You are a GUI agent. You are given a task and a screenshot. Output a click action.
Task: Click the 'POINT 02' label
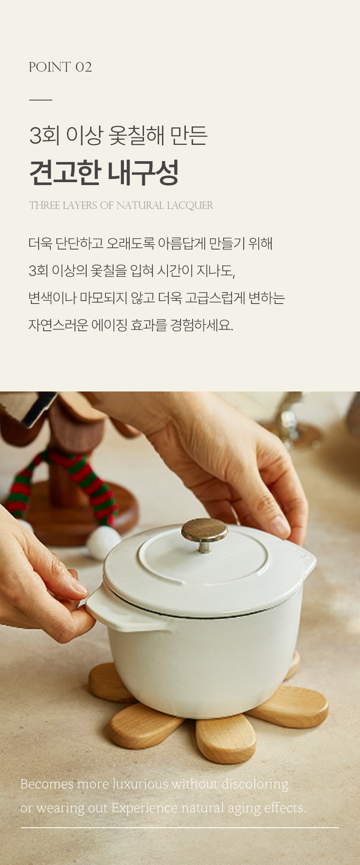point(60,67)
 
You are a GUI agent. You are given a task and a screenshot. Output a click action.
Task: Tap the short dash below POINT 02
point(41,100)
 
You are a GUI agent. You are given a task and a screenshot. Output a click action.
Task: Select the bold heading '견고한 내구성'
point(104,172)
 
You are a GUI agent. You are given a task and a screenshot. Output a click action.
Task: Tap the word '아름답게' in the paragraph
point(182,243)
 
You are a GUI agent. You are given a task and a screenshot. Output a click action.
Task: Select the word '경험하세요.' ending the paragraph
point(201,325)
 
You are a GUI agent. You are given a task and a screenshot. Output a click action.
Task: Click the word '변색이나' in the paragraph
point(52,298)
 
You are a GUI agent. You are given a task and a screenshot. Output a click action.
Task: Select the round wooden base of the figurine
point(84,513)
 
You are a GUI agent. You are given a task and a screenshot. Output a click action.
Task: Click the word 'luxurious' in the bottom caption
point(141,784)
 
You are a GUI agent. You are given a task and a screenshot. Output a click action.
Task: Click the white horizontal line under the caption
point(180,828)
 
